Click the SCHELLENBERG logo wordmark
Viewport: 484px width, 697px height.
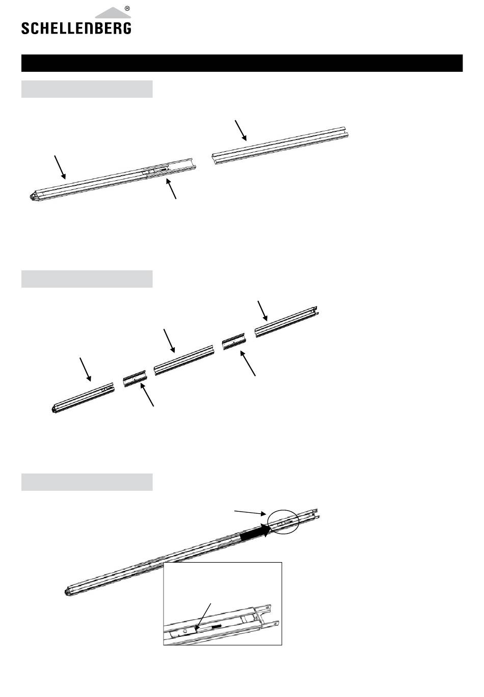(76, 28)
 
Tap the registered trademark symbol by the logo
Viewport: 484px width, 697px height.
(127, 9)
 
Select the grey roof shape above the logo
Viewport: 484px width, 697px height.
(113, 13)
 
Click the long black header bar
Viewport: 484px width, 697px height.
(242, 63)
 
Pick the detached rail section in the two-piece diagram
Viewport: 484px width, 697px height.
(280, 145)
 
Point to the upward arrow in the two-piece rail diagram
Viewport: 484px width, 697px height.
(171, 188)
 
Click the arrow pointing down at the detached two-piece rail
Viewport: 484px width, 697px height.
(241, 130)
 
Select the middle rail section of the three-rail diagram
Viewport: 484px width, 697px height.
(184, 360)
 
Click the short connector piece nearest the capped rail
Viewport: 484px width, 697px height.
(135, 378)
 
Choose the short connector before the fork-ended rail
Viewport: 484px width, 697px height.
(234, 342)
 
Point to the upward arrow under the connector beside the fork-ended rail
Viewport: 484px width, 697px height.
(248, 363)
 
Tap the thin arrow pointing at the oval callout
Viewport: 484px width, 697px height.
(250, 513)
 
